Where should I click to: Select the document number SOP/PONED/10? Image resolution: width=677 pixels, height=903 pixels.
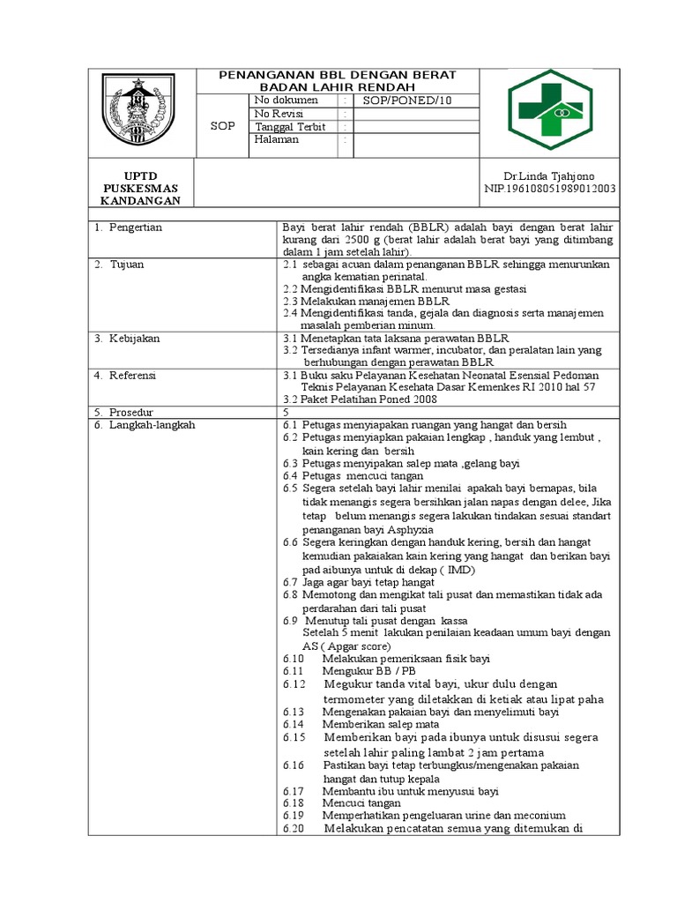pyautogui.click(x=402, y=101)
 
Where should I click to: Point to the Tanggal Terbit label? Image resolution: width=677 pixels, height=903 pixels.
pyautogui.click(x=290, y=127)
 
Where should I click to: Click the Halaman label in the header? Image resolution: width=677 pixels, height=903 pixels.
pyautogui.click(x=277, y=140)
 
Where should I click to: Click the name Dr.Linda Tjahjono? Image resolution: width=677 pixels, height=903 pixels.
pyautogui.click(x=524, y=176)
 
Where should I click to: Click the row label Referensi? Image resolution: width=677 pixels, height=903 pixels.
pyautogui.click(x=132, y=376)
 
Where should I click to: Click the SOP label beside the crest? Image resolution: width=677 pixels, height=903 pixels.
pyautogui.click(x=223, y=126)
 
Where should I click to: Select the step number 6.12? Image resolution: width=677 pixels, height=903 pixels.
pyautogui.click(x=294, y=684)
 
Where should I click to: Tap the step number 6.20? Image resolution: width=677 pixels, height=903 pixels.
pyautogui.click(x=294, y=828)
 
